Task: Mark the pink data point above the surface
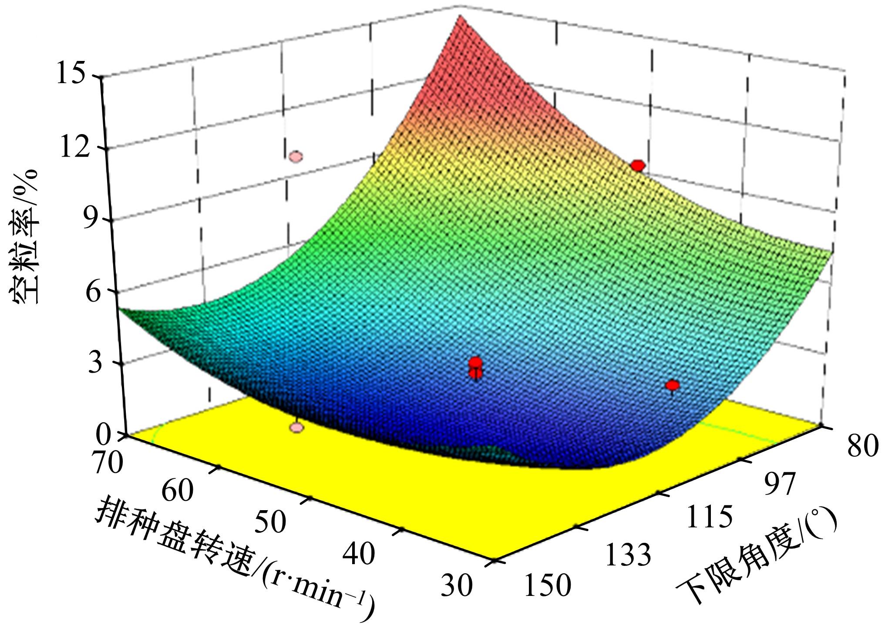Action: (x=296, y=156)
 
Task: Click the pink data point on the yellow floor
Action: (x=297, y=427)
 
